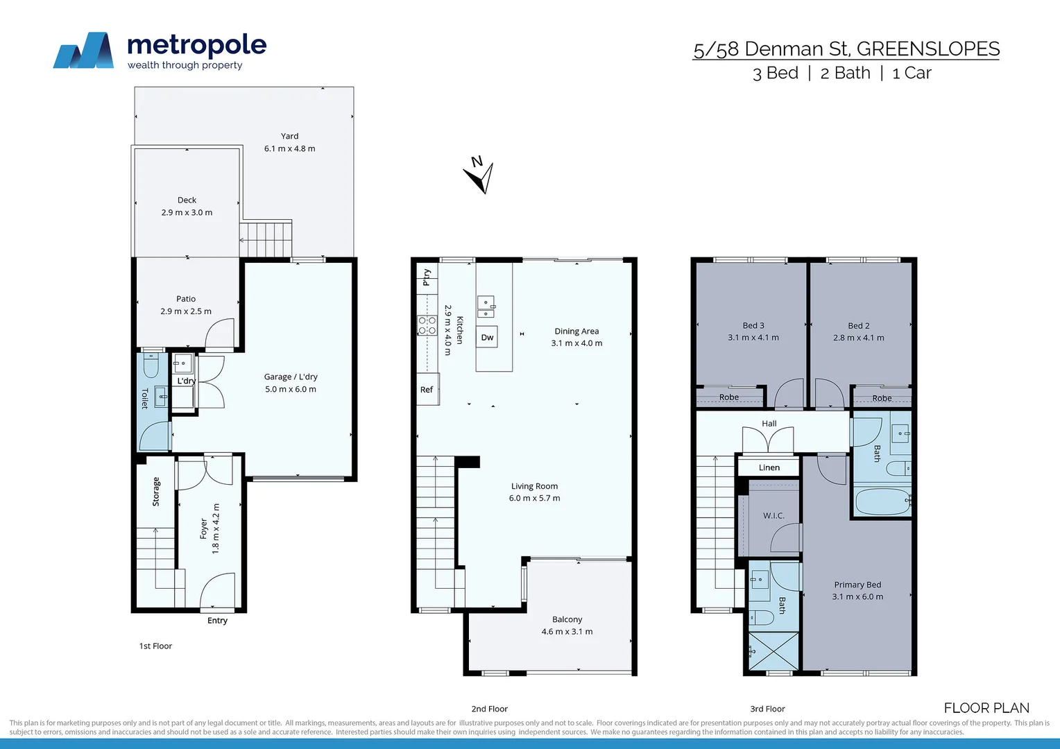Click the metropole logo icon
click(x=84, y=51)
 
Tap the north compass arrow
click(x=480, y=176)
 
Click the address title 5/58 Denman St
click(x=846, y=49)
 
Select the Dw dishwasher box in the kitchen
click(x=487, y=337)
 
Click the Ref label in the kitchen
click(x=426, y=390)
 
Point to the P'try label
click(x=426, y=277)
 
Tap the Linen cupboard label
click(x=769, y=467)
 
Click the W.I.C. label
click(x=773, y=515)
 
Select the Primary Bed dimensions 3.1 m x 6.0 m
click(x=857, y=596)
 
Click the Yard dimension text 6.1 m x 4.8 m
click(x=289, y=148)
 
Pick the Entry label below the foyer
click(x=217, y=621)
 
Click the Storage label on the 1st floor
click(x=155, y=492)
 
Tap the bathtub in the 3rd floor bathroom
click(x=882, y=501)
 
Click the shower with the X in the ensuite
click(x=773, y=651)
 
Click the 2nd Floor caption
click(x=489, y=709)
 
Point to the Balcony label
click(x=567, y=619)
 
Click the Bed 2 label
click(x=858, y=325)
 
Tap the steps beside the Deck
click(x=266, y=239)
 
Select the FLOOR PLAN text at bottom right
click(x=986, y=708)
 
